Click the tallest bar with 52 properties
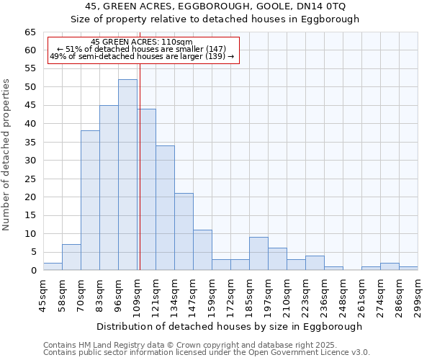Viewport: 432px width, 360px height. click(127, 175)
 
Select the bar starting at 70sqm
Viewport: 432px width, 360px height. click(90, 200)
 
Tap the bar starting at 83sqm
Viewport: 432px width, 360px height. click(109, 187)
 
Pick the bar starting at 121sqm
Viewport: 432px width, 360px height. click(165, 208)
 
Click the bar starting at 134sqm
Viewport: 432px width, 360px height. click(184, 232)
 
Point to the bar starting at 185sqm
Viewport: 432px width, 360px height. click(258, 253)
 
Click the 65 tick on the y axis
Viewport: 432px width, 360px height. click(30, 32)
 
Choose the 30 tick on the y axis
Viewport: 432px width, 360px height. click(30, 161)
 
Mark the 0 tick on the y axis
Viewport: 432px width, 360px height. click(33, 271)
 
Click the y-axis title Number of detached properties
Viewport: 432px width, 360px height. click(7, 155)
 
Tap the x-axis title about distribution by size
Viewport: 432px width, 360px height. click(229, 326)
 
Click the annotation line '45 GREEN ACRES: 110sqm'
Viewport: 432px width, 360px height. click(142, 42)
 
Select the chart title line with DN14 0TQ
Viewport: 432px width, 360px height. click(215, 6)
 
